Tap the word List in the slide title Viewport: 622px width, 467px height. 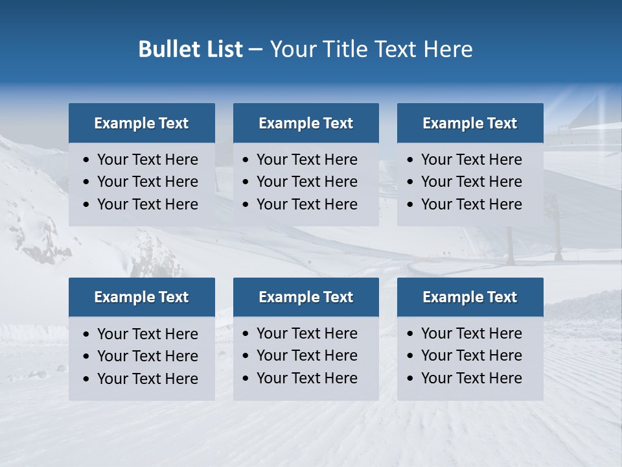(224, 49)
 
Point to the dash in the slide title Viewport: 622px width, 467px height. (255, 50)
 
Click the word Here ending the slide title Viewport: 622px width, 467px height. (448, 49)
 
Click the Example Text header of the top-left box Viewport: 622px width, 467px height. (141, 123)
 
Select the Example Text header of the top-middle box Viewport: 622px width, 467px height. (306, 123)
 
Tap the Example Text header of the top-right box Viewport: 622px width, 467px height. (470, 123)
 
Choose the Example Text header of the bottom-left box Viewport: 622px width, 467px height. (141, 297)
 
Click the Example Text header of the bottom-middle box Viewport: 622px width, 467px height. (306, 297)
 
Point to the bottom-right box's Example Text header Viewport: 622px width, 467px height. (470, 297)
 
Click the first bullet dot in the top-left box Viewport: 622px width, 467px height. (86, 160)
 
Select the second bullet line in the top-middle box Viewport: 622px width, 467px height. (306, 182)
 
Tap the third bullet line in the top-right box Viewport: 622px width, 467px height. (471, 204)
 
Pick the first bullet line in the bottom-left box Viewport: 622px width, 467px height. (147, 334)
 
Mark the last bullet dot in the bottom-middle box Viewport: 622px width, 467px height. (246, 379)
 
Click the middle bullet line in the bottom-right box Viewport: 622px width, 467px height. (471, 355)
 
